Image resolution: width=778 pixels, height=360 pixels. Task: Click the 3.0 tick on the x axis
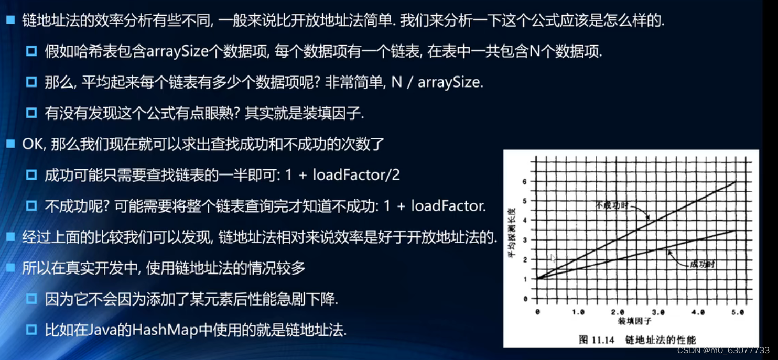[x=658, y=312]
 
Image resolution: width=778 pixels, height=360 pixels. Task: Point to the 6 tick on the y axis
[x=524, y=181]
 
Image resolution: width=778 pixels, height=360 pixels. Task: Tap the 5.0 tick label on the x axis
[x=737, y=312]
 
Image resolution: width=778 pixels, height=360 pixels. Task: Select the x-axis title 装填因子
[x=634, y=321]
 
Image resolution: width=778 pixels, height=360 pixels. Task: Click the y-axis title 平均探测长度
[x=512, y=233]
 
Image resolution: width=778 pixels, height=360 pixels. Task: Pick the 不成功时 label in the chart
[x=612, y=205]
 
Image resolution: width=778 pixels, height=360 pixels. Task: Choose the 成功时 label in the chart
[x=702, y=265]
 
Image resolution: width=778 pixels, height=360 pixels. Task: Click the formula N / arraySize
[x=437, y=82]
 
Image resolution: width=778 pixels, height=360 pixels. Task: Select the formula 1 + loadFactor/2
[x=342, y=175]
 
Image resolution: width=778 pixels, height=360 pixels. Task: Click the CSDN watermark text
[x=723, y=350]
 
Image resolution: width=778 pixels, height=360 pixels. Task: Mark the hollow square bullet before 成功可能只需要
[x=31, y=175]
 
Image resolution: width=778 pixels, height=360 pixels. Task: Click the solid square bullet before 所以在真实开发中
[x=11, y=268]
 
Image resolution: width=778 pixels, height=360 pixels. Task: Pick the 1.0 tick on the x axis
[x=578, y=312]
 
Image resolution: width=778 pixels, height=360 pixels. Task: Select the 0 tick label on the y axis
[x=525, y=299]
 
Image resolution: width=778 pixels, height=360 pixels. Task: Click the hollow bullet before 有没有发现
[x=31, y=113]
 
